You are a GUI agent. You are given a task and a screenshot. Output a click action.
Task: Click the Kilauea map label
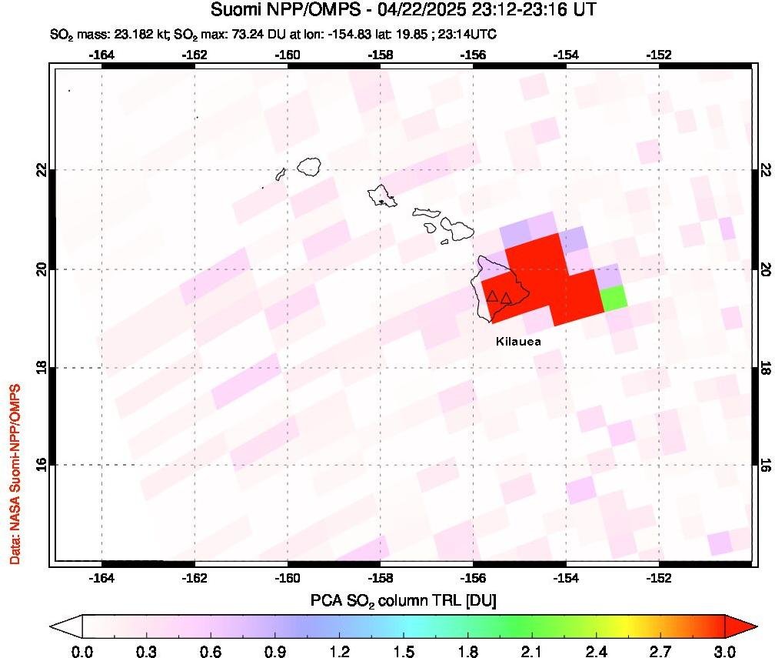(518, 342)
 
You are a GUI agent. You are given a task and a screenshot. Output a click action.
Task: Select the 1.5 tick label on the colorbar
(402, 651)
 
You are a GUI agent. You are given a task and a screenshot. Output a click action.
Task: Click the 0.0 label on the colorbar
(82, 651)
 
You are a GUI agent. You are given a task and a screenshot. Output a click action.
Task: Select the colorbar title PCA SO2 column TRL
(402, 600)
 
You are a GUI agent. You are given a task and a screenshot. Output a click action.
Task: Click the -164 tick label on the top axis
(101, 55)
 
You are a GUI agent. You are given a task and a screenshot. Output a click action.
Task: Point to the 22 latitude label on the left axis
(43, 169)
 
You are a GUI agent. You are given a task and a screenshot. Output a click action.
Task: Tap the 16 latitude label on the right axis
(765, 465)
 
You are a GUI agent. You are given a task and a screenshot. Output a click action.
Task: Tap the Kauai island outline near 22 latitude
(310, 165)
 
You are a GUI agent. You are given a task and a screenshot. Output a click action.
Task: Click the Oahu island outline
(382, 195)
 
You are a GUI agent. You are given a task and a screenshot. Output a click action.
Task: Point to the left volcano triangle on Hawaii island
(492, 296)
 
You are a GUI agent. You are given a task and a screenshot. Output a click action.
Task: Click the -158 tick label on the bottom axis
(381, 578)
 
